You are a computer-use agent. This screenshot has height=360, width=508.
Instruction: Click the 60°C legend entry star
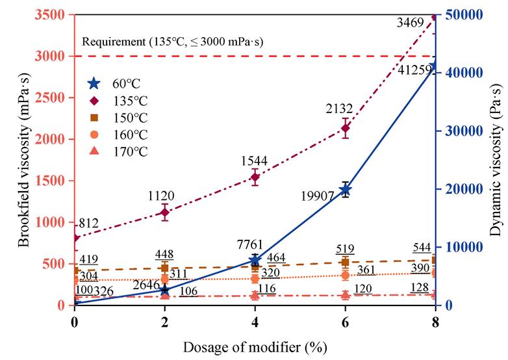(95, 83)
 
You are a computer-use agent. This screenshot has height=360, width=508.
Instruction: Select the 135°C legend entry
(95, 101)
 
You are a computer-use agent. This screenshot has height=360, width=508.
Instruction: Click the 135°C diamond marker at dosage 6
(346, 128)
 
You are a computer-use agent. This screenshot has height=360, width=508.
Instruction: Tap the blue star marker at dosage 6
(346, 190)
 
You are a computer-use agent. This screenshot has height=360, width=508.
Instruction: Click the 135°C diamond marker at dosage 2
(164, 212)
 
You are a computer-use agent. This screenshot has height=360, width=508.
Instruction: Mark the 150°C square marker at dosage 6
(346, 263)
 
